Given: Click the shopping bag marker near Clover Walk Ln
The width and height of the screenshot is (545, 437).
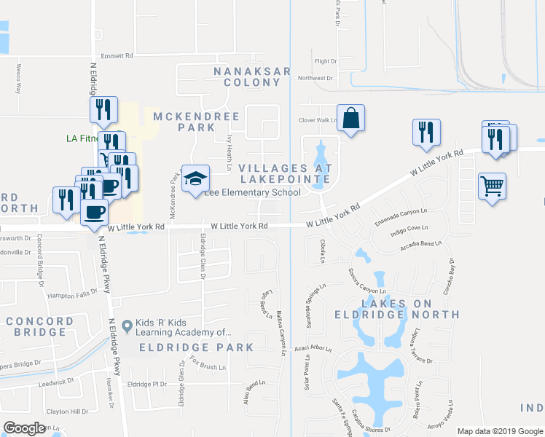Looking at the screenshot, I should (350, 118).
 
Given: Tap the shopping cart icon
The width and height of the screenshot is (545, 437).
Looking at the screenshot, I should (492, 186).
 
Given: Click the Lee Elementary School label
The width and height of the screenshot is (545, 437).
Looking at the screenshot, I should (252, 193).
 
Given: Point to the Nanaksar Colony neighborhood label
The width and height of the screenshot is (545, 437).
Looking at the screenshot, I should (253, 77).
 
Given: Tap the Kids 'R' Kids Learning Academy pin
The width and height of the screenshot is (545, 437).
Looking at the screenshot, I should (128, 325).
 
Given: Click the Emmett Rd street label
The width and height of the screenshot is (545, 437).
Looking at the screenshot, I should (117, 55).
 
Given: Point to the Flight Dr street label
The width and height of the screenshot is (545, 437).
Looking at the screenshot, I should (325, 61).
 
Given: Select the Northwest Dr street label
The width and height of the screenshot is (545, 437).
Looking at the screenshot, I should (315, 78).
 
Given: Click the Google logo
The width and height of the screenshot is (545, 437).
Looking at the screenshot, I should (25, 428).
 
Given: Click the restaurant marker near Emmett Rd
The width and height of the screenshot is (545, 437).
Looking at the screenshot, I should (103, 109).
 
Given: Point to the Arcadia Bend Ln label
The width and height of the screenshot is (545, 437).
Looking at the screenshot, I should (421, 245).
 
